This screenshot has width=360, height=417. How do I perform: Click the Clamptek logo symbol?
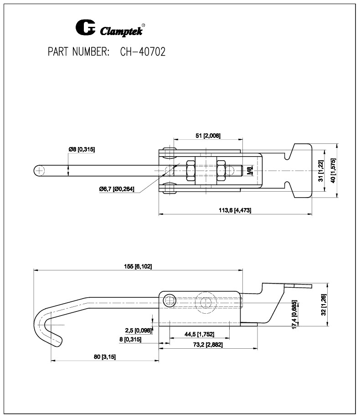pos(85,28)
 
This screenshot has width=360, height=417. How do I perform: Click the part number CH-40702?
pos(142,52)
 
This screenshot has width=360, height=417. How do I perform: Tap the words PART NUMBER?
pos(78,52)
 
